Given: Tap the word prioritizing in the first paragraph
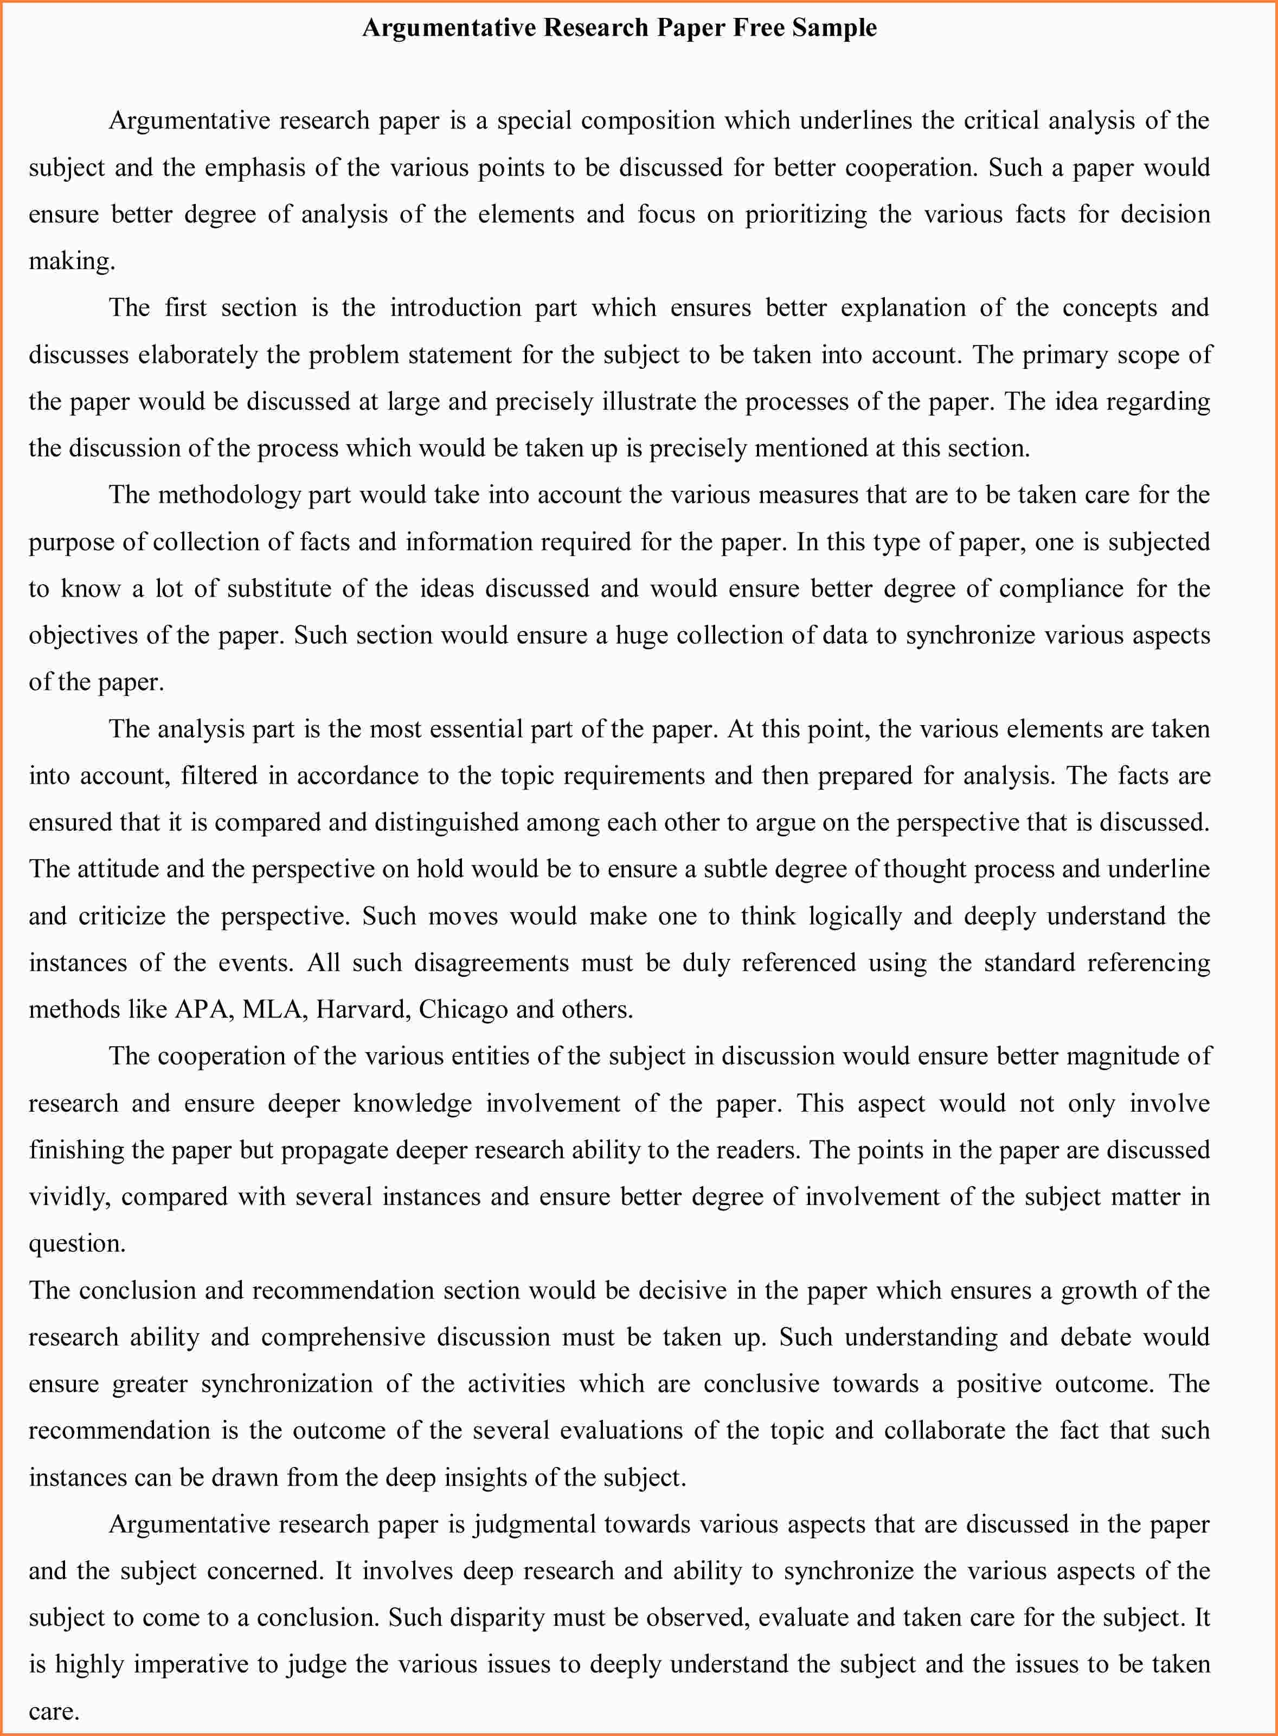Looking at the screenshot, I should click(806, 214).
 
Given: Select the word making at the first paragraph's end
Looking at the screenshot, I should click(71, 261).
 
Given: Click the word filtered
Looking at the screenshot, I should click(219, 776).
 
